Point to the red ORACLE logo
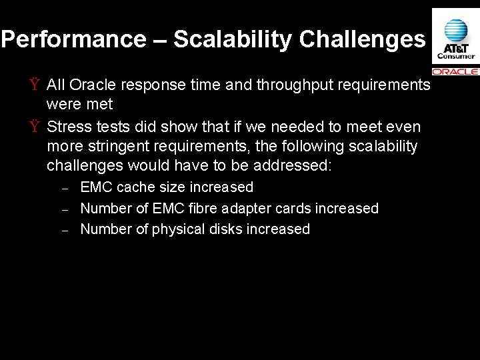tap(455, 71)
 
